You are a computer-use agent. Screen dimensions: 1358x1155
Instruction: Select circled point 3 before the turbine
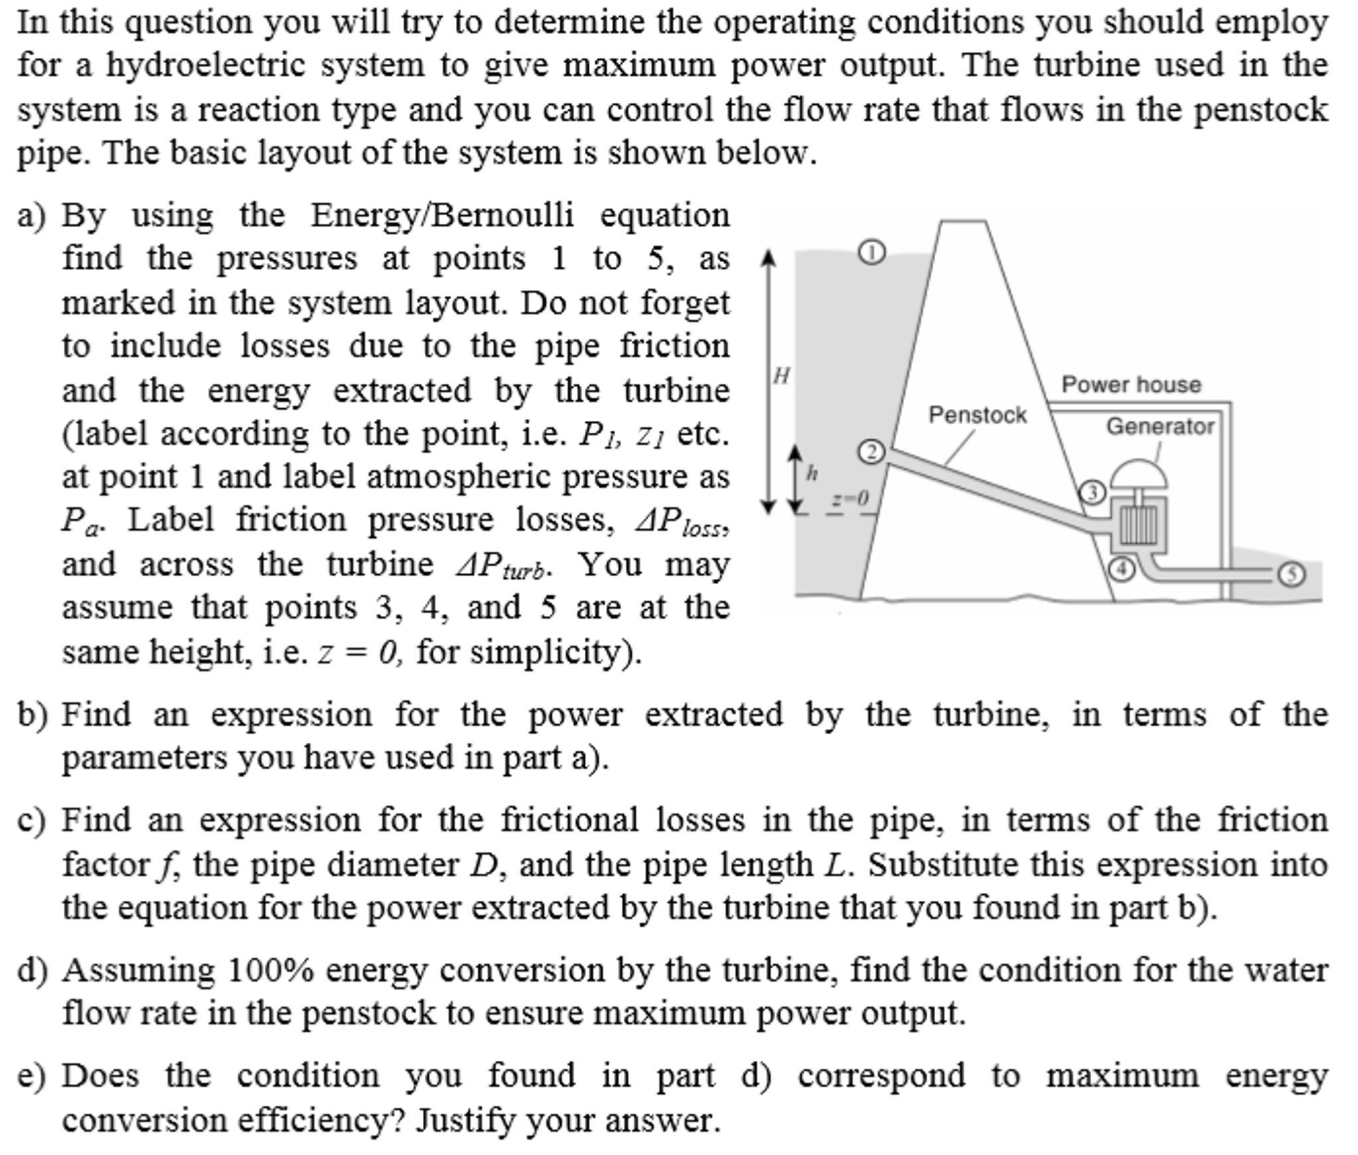coord(1093,493)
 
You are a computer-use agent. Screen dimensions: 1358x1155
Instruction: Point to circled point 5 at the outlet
coord(1291,574)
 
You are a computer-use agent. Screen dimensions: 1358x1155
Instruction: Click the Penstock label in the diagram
coord(977,415)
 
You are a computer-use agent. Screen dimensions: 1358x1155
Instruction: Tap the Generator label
coord(1160,426)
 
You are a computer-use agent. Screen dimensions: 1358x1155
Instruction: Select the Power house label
coord(1131,384)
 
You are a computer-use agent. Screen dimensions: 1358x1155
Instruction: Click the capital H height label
coord(782,376)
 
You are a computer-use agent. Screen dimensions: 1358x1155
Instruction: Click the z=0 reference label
coord(850,499)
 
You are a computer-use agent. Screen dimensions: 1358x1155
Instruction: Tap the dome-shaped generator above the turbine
coord(1139,473)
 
